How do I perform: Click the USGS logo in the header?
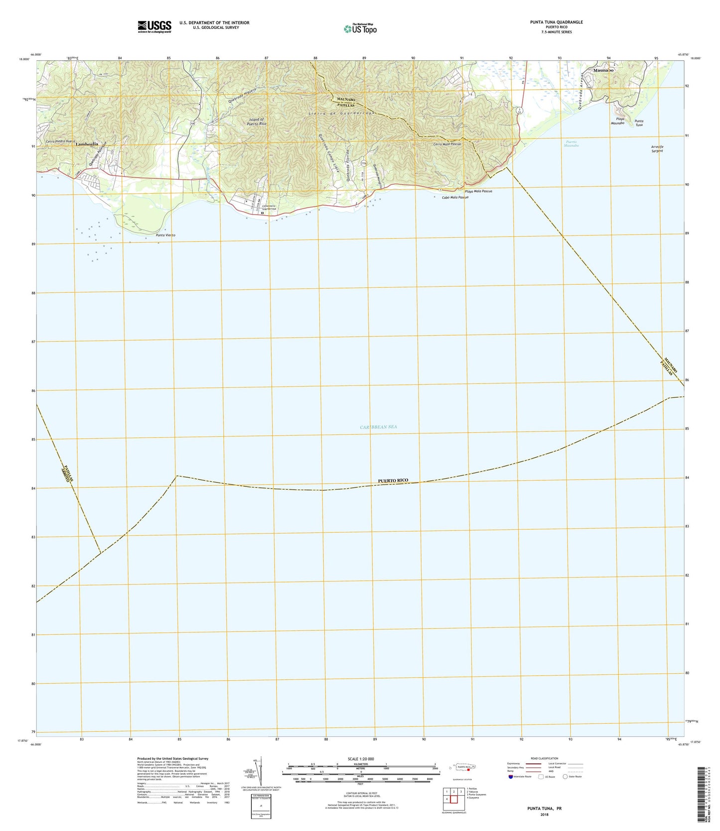click(x=154, y=26)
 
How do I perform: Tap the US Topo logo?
click(x=360, y=28)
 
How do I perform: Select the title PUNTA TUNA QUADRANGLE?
click(x=550, y=22)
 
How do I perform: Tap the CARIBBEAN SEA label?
click(x=378, y=427)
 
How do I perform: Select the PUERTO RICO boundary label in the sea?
click(x=393, y=480)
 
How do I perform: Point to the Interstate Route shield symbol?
click(x=510, y=776)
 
